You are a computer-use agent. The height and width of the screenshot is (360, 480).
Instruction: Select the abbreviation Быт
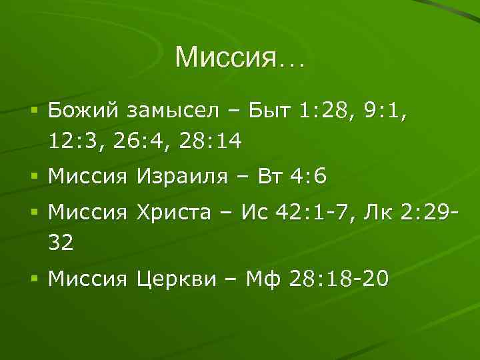pos(270,111)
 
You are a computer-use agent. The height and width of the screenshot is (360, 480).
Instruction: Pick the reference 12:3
pos(73,141)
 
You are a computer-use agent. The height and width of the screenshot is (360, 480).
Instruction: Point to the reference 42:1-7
pos(315,214)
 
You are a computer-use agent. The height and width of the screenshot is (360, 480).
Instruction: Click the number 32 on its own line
pos(61,244)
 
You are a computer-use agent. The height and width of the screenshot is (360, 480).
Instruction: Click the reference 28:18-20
pos(338,280)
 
